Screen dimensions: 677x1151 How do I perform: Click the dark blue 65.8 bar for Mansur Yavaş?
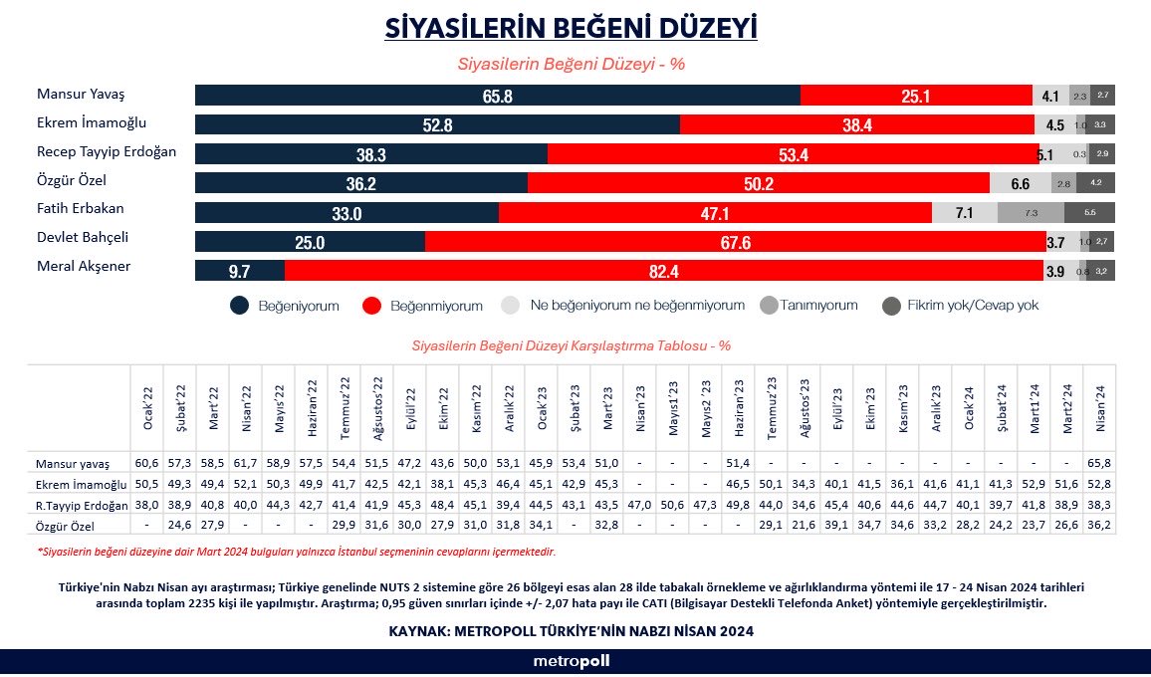[498, 96]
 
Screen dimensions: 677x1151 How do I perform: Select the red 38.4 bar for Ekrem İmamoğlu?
[856, 125]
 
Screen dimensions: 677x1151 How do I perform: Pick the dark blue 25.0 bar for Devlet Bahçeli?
[310, 242]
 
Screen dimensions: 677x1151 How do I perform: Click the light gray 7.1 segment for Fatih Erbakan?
[964, 213]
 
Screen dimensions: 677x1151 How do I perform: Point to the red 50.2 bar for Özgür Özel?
[759, 183]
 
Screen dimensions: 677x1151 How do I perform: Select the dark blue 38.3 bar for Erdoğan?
[371, 154]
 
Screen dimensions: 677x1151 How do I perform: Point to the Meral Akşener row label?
[84, 266]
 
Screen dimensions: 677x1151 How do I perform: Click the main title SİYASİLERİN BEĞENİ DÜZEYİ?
[571, 27]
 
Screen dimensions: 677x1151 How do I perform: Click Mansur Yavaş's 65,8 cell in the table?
[1099, 464]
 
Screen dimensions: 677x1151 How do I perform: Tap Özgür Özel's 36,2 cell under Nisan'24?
[1099, 524]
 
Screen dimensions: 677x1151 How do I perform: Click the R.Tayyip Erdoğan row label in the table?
[79, 504]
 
